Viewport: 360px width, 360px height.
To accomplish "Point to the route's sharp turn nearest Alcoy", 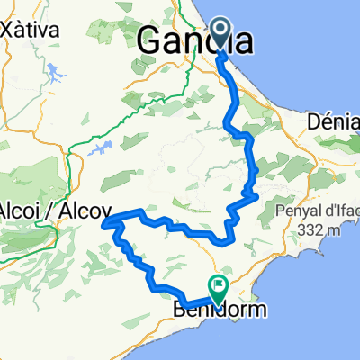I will [x=106, y=221].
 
